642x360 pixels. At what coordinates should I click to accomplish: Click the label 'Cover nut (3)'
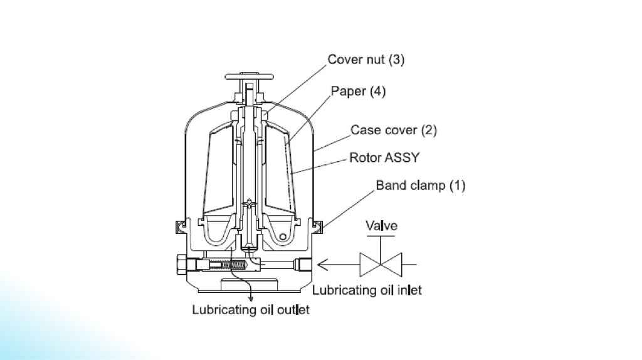(x=367, y=61)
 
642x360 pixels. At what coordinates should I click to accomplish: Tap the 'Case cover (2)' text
(x=393, y=130)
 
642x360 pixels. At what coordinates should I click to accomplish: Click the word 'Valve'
(x=382, y=225)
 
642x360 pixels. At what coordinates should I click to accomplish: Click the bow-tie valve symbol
(x=381, y=264)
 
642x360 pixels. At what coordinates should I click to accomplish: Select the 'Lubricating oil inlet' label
(x=367, y=290)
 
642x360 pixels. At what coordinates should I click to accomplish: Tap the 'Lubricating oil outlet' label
(x=251, y=309)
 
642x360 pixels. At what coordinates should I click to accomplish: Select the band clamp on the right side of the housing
(x=316, y=223)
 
